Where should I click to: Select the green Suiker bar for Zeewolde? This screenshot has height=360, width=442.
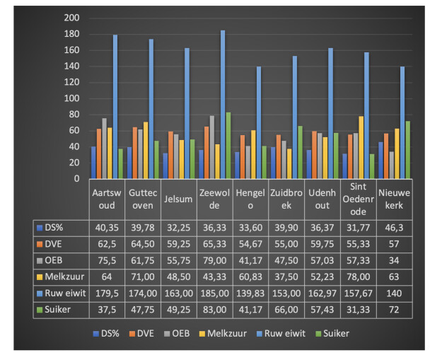(x=228, y=146)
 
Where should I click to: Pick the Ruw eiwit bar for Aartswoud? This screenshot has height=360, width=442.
(x=115, y=107)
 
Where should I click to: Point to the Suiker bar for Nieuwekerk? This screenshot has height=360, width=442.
(x=408, y=150)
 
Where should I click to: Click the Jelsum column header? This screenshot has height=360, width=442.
(x=179, y=199)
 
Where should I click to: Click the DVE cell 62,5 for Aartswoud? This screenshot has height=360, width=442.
(x=107, y=244)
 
